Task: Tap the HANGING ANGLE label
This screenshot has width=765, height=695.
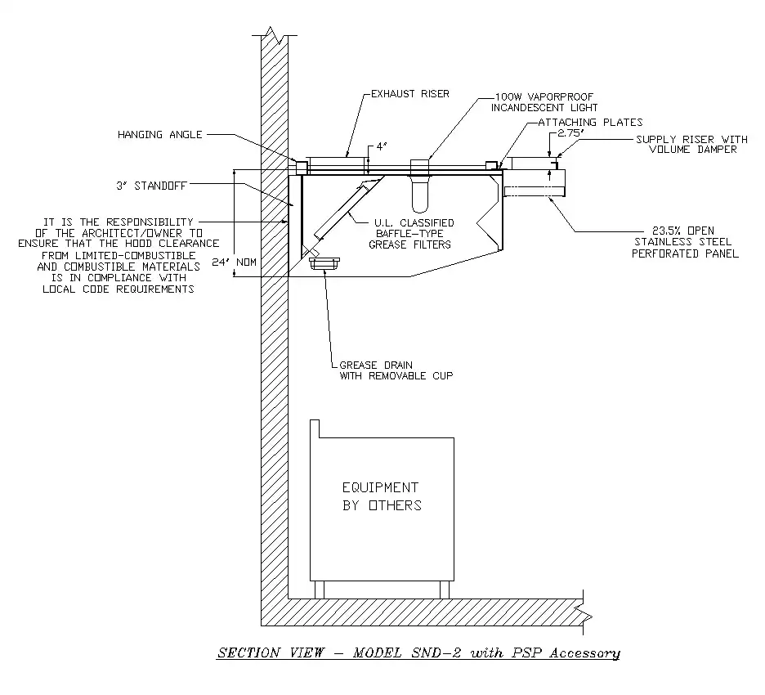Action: (160, 134)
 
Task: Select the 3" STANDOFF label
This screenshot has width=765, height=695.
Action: (152, 186)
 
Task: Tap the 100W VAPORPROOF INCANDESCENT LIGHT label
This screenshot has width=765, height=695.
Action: (545, 101)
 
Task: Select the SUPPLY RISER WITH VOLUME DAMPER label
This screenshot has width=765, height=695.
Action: (691, 144)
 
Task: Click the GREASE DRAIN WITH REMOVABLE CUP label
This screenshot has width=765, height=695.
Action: (396, 370)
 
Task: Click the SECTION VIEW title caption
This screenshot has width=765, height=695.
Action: (418, 652)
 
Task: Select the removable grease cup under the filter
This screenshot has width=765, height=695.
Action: (325, 262)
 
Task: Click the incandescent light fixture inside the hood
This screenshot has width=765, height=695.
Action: (419, 195)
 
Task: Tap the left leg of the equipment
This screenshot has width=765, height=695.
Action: (320, 589)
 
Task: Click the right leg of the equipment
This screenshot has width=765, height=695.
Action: (445, 589)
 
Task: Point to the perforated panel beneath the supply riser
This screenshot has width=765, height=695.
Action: (535, 192)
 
